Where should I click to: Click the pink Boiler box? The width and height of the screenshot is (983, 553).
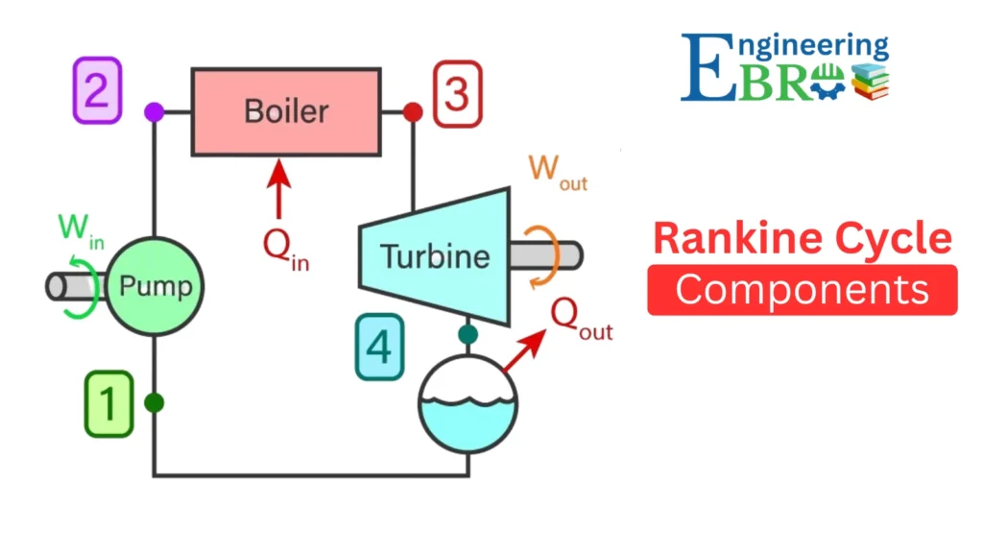pos(285,111)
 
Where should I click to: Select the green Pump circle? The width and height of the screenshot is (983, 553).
pos(156,285)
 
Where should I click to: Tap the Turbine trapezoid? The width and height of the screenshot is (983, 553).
pos(434,255)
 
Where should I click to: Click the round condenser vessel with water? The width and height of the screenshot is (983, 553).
pos(468,404)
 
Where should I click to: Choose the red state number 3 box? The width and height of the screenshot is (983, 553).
pos(457,93)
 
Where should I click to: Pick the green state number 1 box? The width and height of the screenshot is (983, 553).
pos(108,404)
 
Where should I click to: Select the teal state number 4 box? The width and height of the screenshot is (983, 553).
pos(379,347)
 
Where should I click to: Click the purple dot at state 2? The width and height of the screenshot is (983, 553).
pos(154,112)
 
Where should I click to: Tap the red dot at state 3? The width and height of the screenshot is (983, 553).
pos(413,112)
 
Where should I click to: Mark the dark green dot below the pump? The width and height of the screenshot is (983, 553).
pos(154,403)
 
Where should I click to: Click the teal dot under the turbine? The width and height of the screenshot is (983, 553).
pos(468,334)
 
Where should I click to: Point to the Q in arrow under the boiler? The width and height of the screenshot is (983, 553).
pos(279,191)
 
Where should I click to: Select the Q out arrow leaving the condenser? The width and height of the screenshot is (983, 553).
pos(523,349)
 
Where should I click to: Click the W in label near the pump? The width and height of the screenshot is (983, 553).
pos(81,229)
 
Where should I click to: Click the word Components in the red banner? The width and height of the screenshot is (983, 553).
pos(802,289)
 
